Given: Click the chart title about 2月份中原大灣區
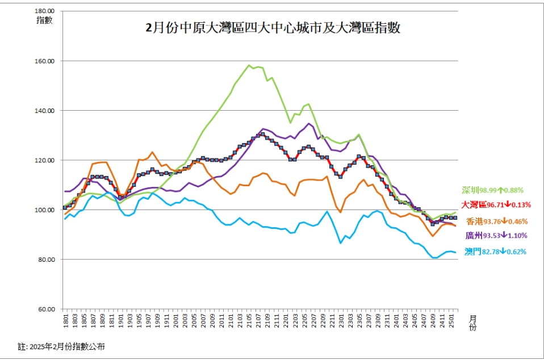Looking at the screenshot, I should (x=273, y=28).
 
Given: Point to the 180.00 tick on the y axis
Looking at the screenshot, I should (x=45, y=11).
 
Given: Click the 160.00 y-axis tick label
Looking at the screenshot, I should (x=45, y=61).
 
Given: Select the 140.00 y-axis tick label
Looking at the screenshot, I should (x=45, y=111).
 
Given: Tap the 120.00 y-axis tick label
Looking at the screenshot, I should (x=45, y=160).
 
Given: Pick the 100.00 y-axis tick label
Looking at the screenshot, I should (x=45, y=210).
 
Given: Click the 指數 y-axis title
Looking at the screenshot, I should (x=44, y=20).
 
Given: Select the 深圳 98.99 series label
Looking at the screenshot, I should (x=492, y=190).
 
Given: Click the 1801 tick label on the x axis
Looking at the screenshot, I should (x=66, y=320).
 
